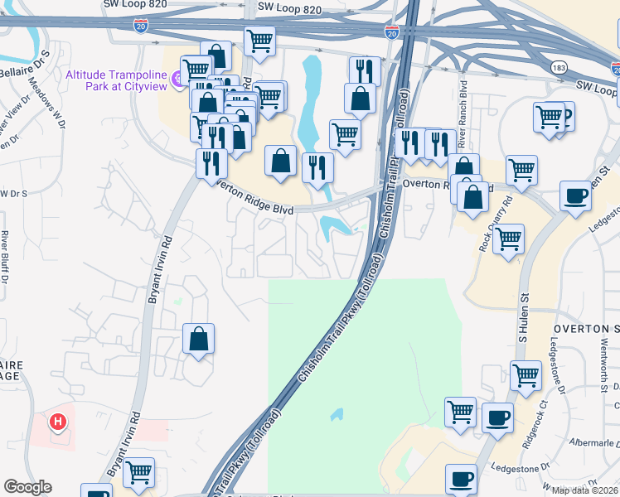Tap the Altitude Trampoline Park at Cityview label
click(x=116, y=80)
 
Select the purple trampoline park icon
click(x=178, y=80)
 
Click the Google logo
click(x=27, y=487)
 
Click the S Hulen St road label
click(x=524, y=323)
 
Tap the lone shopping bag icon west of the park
click(x=199, y=339)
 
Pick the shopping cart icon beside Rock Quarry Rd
click(x=508, y=239)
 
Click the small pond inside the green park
click(x=337, y=413)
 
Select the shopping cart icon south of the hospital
click(x=140, y=473)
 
